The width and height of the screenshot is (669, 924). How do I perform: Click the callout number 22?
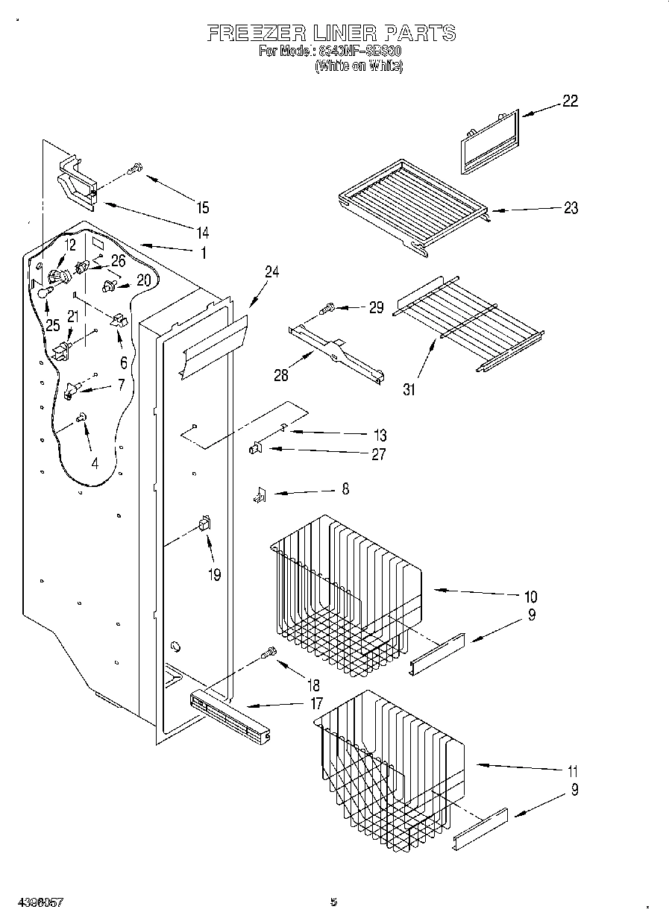click(x=570, y=101)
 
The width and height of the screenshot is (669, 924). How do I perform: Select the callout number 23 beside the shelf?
click(x=570, y=208)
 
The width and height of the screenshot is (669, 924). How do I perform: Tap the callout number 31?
click(x=409, y=389)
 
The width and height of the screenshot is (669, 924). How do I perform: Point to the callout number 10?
click(x=530, y=596)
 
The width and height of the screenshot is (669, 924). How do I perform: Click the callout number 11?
click(x=572, y=771)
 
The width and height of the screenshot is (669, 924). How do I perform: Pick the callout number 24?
click(x=271, y=272)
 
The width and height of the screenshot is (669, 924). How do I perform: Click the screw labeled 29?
click(x=327, y=307)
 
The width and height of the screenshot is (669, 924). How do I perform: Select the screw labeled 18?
click(x=268, y=654)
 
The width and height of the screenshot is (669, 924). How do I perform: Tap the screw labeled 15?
click(x=135, y=169)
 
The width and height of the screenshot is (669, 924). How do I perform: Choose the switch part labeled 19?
click(x=204, y=525)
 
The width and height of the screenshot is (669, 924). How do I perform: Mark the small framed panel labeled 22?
click(x=489, y=141)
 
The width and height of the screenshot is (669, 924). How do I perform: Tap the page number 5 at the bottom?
click(x=334, y=902)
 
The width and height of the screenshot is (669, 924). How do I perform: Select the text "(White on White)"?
click(x=359, y=66)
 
